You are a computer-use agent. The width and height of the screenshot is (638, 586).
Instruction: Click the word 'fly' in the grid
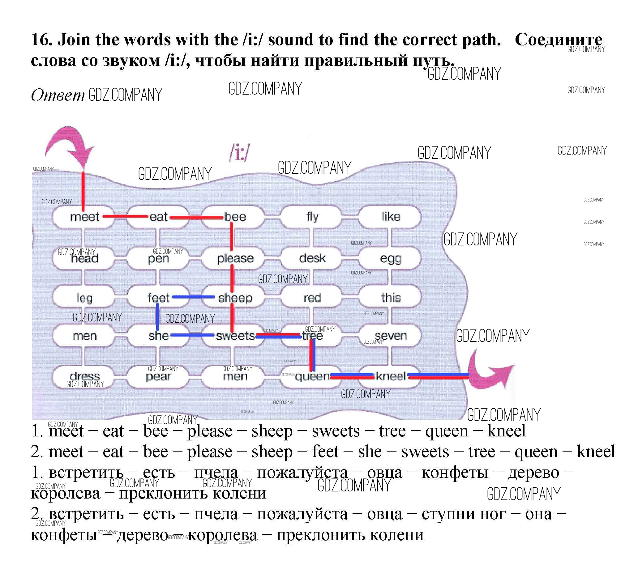pyautogui.click(x=312, y=217)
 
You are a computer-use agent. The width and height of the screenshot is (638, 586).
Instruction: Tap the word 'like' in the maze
pyautogui.click(x=391, y=217)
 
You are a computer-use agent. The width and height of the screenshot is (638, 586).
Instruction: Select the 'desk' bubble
pyautogui.click(x=312, y=258)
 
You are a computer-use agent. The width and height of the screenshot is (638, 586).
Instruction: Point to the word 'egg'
pyautogui.click(x=391, y=259)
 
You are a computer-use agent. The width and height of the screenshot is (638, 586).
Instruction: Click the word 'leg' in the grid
pyautogui.click(x=84, y=298)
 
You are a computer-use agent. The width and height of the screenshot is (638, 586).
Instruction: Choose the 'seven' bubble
pyautogui.click(x=391, y=336)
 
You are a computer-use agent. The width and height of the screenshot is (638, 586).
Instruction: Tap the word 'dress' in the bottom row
pyautogui.click(x=85, y=376)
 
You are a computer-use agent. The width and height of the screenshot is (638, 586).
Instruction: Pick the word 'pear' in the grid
pyautogui.click(x=158, y=377)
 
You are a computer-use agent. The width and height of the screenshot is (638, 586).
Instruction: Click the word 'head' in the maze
pyautogui.click(x=85, y=259)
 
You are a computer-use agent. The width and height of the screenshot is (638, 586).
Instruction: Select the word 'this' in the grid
pyautogui.click(x=391, y=297)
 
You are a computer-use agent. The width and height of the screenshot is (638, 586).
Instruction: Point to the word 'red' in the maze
pyautogui.click(x=312, y=298)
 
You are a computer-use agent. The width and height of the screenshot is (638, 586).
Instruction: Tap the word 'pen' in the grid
pyautogui.click(x=158, y=259)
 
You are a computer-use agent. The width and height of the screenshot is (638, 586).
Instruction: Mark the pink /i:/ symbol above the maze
pyautogui.click(x=240, y=153)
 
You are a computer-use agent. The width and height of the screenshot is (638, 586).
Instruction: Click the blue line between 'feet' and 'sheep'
pyautogui.click(x=193, y=297)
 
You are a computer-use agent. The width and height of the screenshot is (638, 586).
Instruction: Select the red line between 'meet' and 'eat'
pyautogui.click(x=125, y=217)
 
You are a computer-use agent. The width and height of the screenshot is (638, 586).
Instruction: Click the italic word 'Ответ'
pyautogui.click(x=58, y=95)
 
